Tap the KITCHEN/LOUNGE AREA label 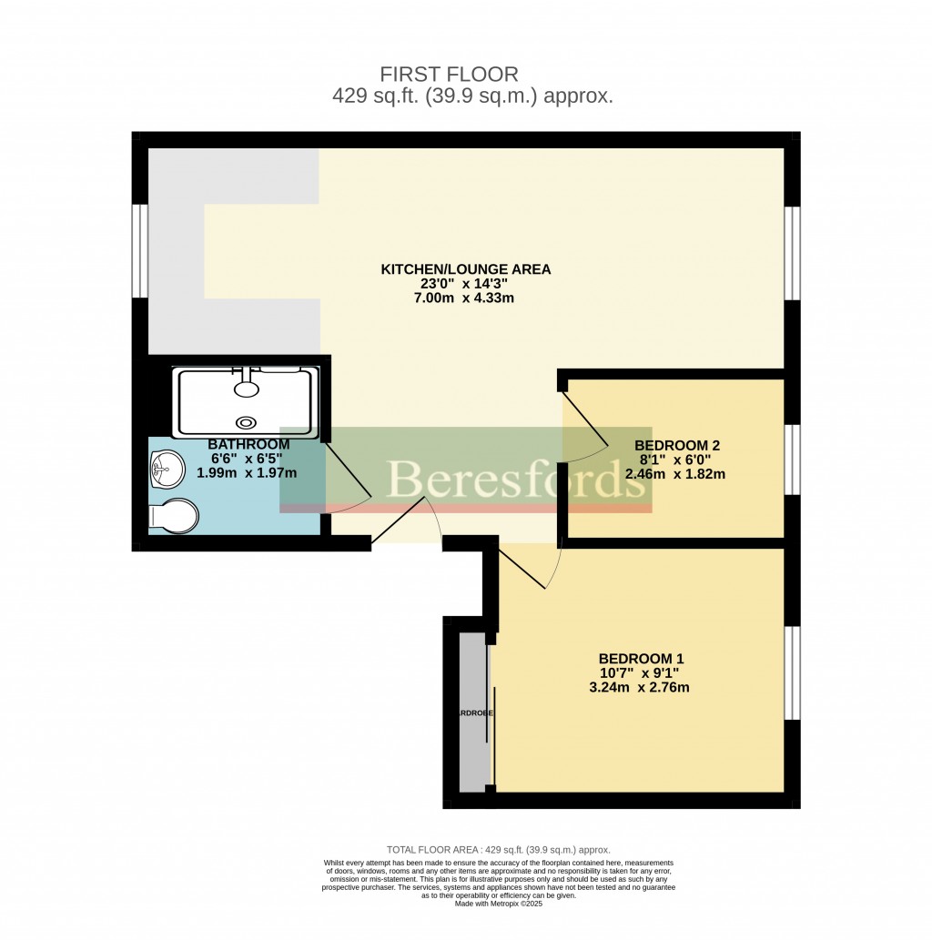click(x=465, y=269)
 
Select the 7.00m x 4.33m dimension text click(x=465, y=298)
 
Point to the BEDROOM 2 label click(x=676, y=445)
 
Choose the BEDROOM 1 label click(x=640, y=659)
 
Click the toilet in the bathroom click(x=173, y=518)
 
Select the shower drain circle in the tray click(x=246, y=422)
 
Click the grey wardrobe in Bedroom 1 click(x=472, y=712)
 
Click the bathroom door click(x=347, y=470)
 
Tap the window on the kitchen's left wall click(x=140, y=250)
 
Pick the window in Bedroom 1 click(x=793, y=672)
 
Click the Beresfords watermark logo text click(x=514, y=478)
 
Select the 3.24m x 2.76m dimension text click(x=640, y=687)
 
